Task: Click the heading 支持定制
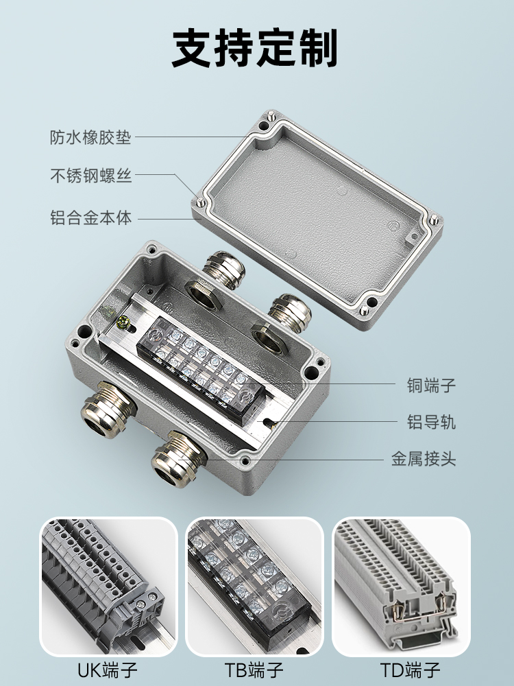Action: [254, 48]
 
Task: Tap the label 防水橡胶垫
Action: [90, 137]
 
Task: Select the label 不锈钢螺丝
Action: [90, 176]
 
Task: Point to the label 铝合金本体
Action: [90, 217]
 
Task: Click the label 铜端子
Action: [431, 386]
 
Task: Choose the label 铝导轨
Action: [431, 422]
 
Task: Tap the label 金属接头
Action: [423, 459]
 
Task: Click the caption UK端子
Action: [108, 670]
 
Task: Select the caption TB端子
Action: [254, 670]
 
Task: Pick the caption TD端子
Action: [410, 670]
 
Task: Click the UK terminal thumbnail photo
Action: [109, 587]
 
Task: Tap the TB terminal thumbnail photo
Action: [255, 587]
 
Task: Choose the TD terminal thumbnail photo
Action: [401, 587]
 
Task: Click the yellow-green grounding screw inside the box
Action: [123, 322]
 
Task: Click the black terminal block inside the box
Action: [201, 368]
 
